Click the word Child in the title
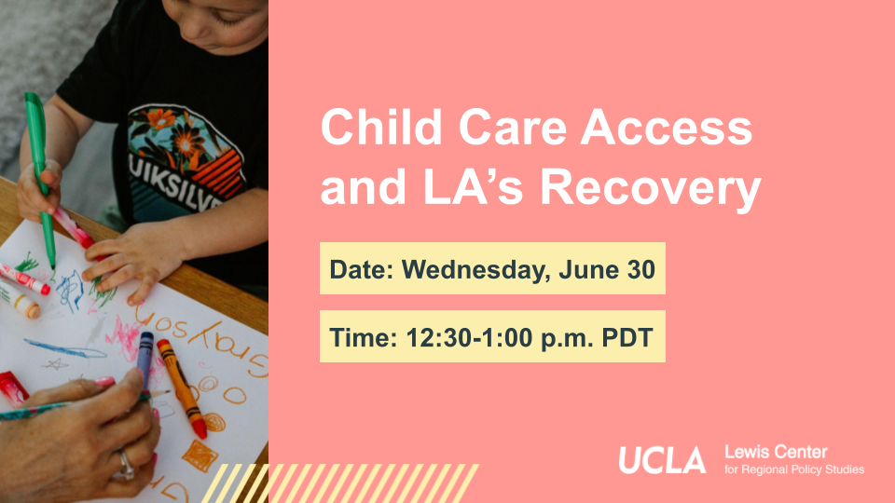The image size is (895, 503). [x=381, y=127]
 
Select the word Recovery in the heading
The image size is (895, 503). [x=651, y=188]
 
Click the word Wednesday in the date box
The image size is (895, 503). [x=476, y=269]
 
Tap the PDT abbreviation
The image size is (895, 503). [x=627, y=337]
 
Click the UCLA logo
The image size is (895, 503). [x=662, y=459]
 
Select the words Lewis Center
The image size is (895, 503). [x=776, y=453]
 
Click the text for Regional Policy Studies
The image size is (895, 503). [x=794, y=469]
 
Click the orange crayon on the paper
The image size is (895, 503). [x=182, y=387]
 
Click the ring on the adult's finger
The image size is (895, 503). [x=126, y=464]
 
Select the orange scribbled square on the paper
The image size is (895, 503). [x=200, y=456]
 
